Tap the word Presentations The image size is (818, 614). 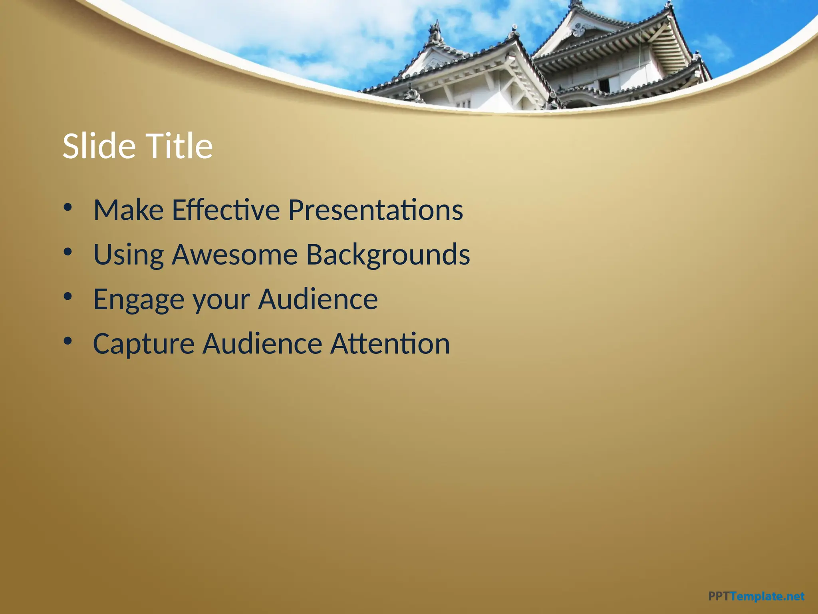click(375, 210)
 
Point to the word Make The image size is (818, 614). click(128, 210)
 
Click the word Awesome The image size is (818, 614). click(235, 255)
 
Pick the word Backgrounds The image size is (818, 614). click(388, 255)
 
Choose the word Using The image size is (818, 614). click(128, 255)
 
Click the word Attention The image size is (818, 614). click(390, 344)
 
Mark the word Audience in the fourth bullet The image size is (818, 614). click(262, 344)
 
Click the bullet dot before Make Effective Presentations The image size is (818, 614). click(68, 207)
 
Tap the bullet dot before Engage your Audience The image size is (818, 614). click(68, 297)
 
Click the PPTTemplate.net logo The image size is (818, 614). click(756, 596)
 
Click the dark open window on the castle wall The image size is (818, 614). click(604, 85)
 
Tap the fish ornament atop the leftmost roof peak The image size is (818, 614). click(435, 32)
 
